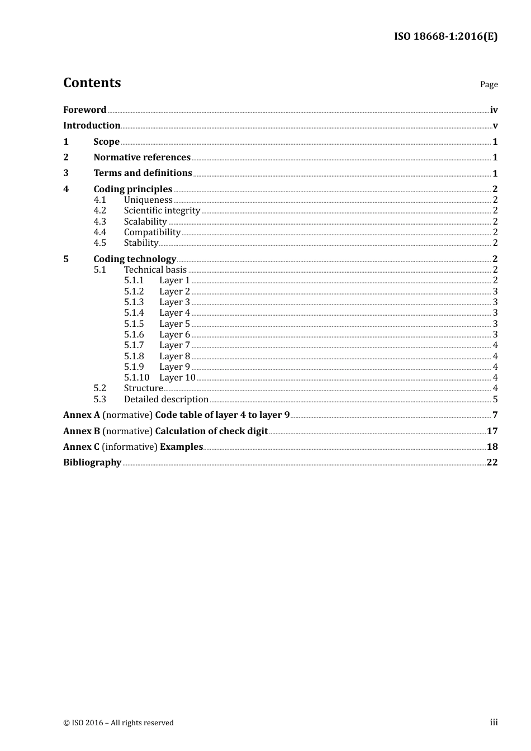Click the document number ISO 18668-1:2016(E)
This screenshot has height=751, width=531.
(445, 37)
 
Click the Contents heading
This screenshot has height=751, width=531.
(92, 83)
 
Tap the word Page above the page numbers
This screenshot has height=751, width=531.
(489, 84)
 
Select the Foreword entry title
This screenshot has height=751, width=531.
(84, 110)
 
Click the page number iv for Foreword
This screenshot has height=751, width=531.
(494, 110)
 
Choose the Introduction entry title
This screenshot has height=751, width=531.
(92, 126)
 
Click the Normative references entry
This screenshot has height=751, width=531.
(142, 158)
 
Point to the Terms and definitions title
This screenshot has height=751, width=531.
(143, 173)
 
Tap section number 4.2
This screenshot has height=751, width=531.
(99, 211)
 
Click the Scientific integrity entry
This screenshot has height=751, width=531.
(162, 211)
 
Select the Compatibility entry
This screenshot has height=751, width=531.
(152, 232)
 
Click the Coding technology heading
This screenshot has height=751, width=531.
(135, 259)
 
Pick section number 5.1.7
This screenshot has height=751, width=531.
(134, 345)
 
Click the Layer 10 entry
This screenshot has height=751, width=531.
(177, 378)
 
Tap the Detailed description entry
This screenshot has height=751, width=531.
(166, 400)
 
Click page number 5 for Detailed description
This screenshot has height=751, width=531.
(495, 400)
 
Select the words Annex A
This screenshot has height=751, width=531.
(82, 415)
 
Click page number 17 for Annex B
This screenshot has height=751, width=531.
(492, 431)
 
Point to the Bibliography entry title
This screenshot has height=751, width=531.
(92, 463)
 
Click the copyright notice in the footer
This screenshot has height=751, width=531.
(118, 723)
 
